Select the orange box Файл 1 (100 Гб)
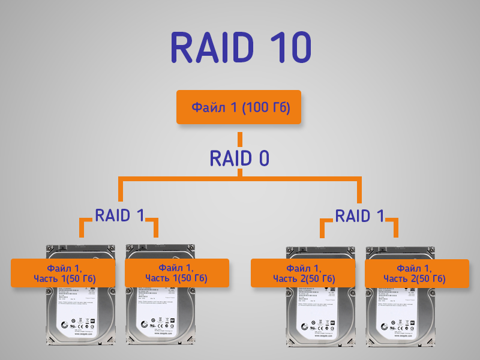[239, 107]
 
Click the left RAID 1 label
[120, 215]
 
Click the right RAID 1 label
[359, 215]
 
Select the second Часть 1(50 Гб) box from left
[176, 273]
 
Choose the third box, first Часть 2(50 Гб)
[304, 273]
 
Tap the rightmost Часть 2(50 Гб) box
[417, 273]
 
